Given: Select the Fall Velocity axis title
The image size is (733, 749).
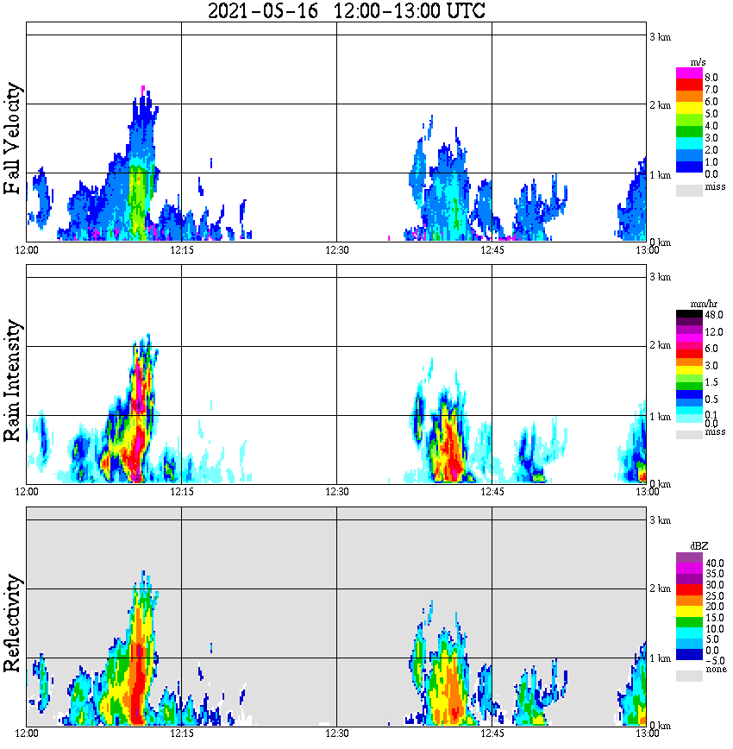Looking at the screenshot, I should (x=13, y=140).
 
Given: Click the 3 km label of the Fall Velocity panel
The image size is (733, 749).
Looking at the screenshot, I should (x=660, y=36).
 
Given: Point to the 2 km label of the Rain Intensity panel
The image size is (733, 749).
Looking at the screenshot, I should (x=660, y=346).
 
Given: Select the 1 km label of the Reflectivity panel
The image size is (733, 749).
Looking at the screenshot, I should (x=660, y=659).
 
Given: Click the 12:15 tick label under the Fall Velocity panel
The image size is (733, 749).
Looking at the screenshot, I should (x=182, y=250).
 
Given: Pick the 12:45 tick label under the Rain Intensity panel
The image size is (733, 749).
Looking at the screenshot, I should (x=492, y=492).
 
